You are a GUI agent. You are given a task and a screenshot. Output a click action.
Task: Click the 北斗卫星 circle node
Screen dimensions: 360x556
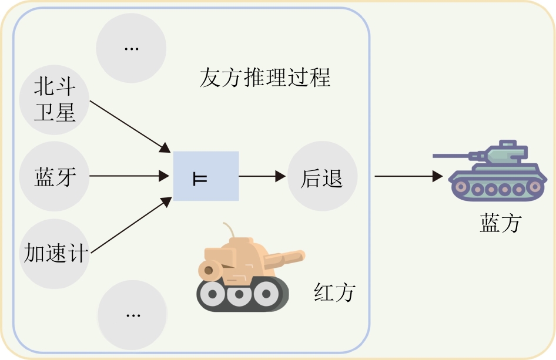[55, 100]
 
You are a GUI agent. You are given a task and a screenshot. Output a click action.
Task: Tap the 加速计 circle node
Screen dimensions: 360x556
[55, 253]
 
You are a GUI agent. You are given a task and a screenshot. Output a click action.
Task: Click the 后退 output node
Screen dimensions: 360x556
[322, 176]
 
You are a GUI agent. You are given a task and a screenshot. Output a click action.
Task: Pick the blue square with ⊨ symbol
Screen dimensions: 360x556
[206, 176]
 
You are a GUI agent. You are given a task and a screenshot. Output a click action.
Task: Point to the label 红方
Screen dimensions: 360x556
[334, 292]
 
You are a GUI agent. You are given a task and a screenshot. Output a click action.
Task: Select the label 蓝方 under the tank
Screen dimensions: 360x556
[500, 223]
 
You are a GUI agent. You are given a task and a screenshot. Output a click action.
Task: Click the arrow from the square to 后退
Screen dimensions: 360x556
[262, 176]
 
